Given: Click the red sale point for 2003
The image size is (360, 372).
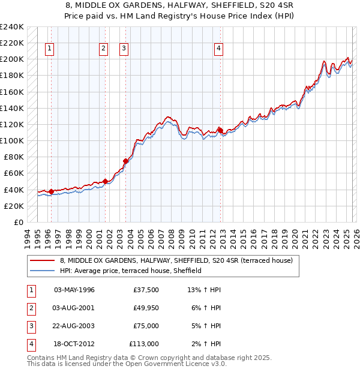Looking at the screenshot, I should click(126, 161).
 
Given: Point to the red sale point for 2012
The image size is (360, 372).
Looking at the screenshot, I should click(220, 130).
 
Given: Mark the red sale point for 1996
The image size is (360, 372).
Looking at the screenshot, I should click(52, 191).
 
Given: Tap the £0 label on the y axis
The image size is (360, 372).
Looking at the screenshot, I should click(18, 222).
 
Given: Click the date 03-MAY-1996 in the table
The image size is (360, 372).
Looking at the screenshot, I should click(74, 290).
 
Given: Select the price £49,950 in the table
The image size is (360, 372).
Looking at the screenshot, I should click(146, 308).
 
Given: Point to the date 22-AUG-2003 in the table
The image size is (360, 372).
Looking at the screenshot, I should click(74, 326).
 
